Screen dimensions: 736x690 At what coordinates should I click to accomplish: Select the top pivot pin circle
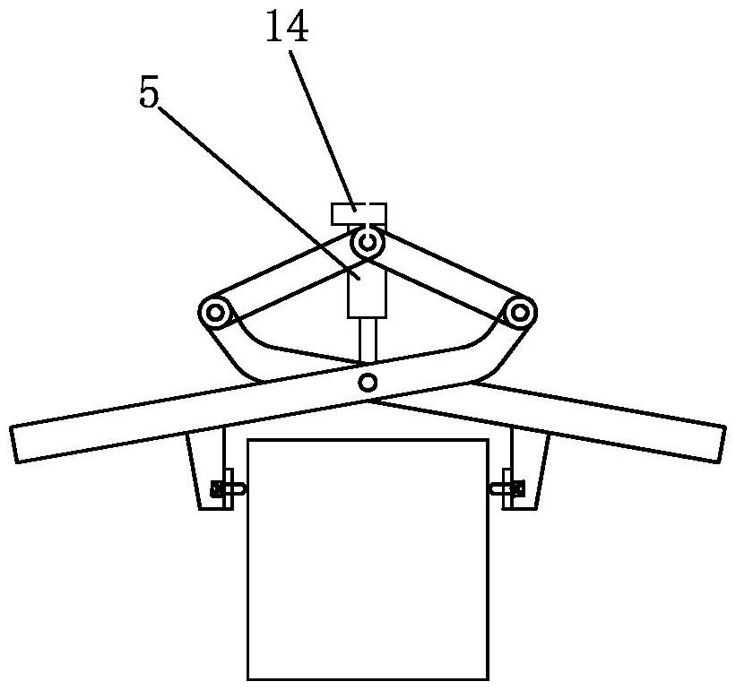367,241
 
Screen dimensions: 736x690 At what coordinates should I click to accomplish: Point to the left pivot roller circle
214,314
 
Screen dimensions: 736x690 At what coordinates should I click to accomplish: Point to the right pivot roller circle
520,314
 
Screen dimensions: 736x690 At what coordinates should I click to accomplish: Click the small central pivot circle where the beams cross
367,383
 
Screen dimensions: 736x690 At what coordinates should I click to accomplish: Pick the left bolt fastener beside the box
224,488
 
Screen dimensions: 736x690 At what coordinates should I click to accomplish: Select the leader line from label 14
324,126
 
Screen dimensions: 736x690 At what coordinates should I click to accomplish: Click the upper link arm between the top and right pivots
448,269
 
